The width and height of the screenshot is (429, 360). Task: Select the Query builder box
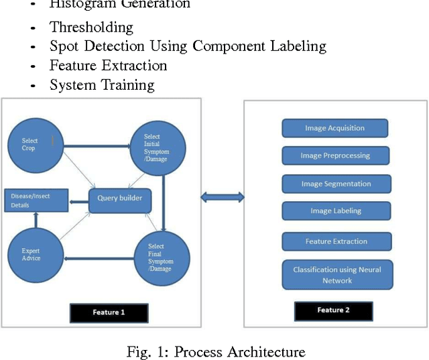(x=121, y=198)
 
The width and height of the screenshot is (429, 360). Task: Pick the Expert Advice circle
(x=34, y=254)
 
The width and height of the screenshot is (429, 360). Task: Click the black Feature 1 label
(x=108, y=312)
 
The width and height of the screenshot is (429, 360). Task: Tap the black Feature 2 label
(x=333, y=310)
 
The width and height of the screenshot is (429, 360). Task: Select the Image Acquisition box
(x=334, y=128)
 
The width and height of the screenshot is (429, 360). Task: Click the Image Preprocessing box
(x=334, y=156)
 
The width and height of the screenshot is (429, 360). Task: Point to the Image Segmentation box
(x=336, y=184)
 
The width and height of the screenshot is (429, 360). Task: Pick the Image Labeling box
(x=335, y=211)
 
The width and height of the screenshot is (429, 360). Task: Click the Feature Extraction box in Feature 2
(x=336, y=241)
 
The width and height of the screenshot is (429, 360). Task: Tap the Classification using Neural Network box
(x=336, y=275)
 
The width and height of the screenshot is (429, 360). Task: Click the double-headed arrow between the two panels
(x=223, y=196)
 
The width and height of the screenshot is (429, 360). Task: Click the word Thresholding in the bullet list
(x=91, y=27)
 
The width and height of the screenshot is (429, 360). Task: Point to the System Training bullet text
(x=102, y=85)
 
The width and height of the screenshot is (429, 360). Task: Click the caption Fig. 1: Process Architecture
(x=216, y=351)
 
